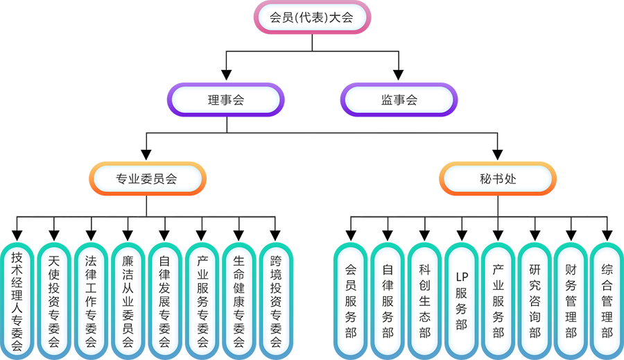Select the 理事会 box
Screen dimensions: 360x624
coord(226,100)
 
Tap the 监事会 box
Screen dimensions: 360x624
coord(399,100)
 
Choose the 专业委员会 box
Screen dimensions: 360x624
coord(147,179)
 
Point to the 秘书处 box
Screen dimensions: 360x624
coord(497,179)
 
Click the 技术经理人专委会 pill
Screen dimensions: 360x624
coord(17,300)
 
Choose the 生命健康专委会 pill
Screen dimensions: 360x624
coord(239,300)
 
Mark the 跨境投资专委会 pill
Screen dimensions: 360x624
coord(276,300)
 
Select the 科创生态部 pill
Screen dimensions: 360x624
coord(424,300)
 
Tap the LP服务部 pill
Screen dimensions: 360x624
coord(461,300)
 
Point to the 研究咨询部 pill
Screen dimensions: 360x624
coord(535,300)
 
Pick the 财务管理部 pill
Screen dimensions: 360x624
coord(571,300)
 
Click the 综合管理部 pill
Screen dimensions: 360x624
coord(607,300)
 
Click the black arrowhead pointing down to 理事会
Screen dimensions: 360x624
coord(226,73)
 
